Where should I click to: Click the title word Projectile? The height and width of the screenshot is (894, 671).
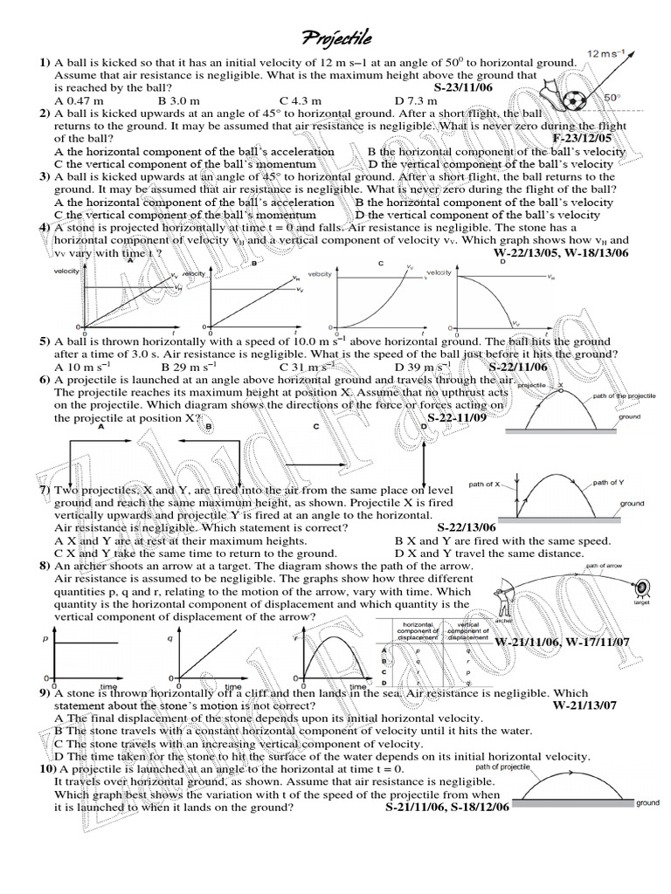pyautogui.click(x=336, y=38)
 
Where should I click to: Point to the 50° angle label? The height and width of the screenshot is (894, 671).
pyautogui.click(x=612, y=98)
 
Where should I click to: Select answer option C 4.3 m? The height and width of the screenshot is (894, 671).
pyautogui.click(x=301, y=100)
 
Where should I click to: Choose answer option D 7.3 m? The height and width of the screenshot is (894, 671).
pyautogui.click(x=415, y=100)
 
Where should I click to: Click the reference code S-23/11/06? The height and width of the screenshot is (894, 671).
pyautogui.click(x=472, y=88)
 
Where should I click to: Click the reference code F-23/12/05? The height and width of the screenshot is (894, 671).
pyautogui.click(x=583, y=138)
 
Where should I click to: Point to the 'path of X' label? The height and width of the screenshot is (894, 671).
pyautogui.click(x=485, y=484)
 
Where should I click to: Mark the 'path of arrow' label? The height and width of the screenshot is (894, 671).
pyautogui.click(x=603, y=566)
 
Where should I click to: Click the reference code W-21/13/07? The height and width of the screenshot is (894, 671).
pyautogui.click(x=585, y=705)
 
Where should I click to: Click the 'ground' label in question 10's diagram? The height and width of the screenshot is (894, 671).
pyautogui.click(x=647, y=802)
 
